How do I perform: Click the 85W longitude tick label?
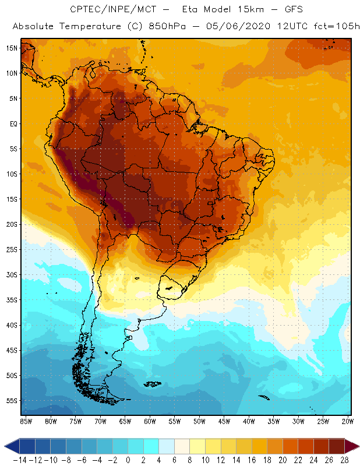click(x=26, y=421)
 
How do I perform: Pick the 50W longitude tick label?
click(x=200, y=421)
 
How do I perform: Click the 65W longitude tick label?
click(x=125, y=421)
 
